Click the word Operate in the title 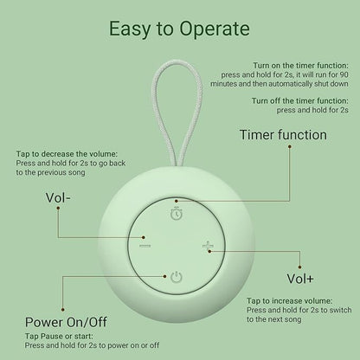click(x=215, y=29)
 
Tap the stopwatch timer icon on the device click(x=177, y=214)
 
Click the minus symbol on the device click(x=145, y=246)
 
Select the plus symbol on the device click(x=208, y=247)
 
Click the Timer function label click(x=283, y=135)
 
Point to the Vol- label click(x=58, y=198)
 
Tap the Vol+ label click(x=300, y=279)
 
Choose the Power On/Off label click(x=66, y=322)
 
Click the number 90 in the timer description click(x=344, y=74)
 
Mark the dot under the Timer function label click(x=290, y=146)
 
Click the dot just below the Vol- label click(x=58, y=208)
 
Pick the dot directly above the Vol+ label click(x=300, y=267)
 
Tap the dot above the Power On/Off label click(x=62, y=310)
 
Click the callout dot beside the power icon click(x=164, y=276)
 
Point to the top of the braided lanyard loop click(x=177, y=61)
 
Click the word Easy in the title click(x=130, y=29)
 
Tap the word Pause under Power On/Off click(x=52, y=336)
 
